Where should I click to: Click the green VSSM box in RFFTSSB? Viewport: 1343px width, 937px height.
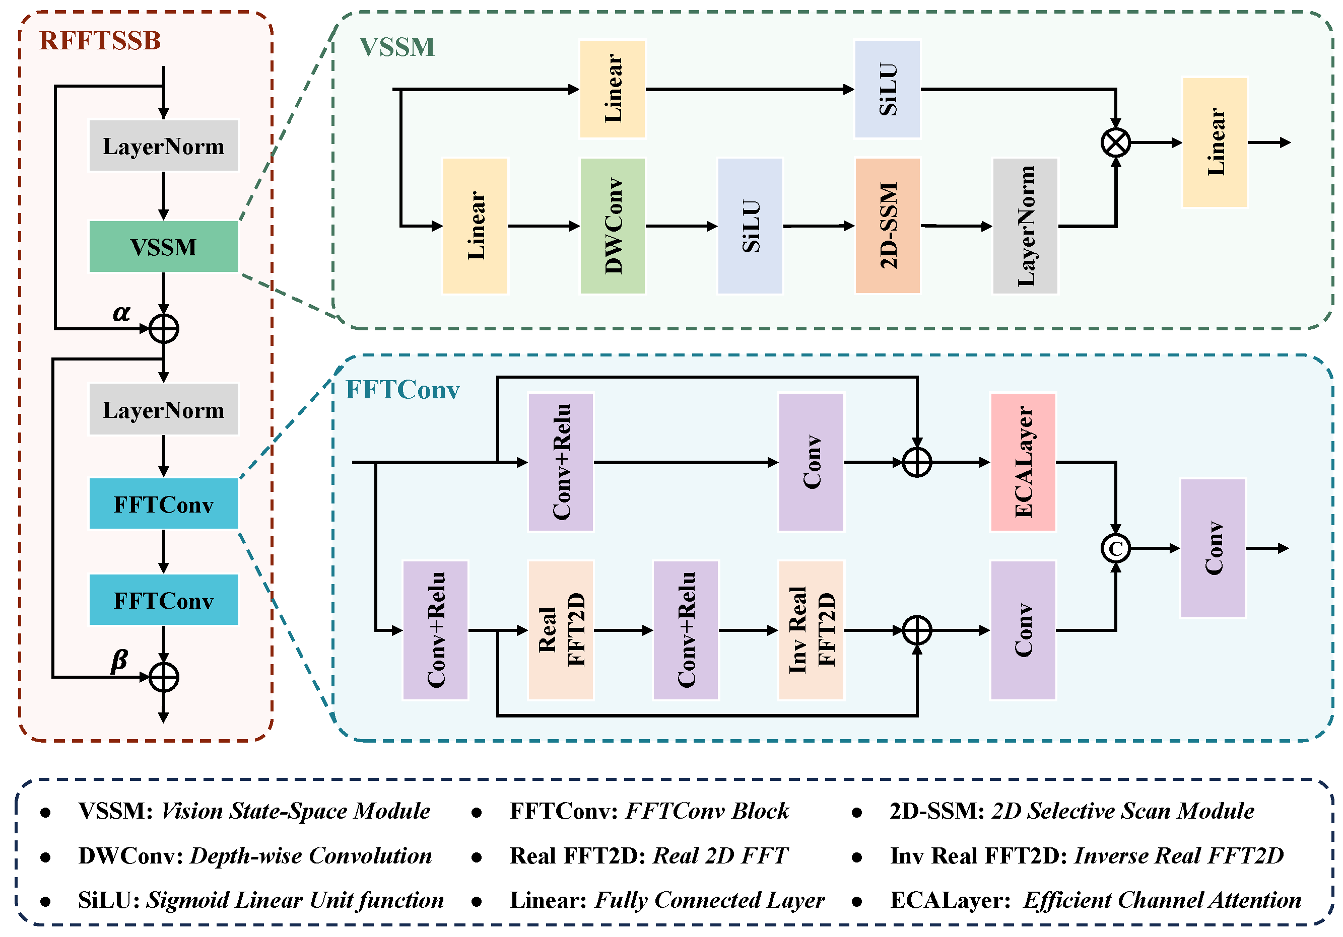(x=163, y=247)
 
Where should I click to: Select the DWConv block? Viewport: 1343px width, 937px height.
(x=613, y=226)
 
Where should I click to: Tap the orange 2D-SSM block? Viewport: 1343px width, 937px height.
(x=887, y=226)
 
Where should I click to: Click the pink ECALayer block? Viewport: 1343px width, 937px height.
(x=1023, y=462)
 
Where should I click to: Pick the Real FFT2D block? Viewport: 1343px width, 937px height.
(x=560, y=630)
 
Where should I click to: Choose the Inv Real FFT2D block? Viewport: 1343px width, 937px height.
(x=811, y=630)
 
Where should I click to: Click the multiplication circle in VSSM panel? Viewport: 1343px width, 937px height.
(x=1115, y=142)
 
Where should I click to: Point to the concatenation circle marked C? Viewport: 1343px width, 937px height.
(x=1115, y=548)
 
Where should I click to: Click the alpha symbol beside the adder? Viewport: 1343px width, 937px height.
(x=121, y=313)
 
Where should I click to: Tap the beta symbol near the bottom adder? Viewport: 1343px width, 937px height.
(x=119, y=661)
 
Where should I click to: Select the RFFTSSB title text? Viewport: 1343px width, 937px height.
(x=100, y=41)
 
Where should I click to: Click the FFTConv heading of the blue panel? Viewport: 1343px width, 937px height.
(x=402, y=390)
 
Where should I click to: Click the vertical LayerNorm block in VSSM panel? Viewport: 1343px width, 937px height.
(x=1025, y=226)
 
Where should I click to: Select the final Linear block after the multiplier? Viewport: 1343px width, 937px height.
(x=1215, y=142)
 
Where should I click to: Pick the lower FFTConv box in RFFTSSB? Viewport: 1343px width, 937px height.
(x=163, y=600)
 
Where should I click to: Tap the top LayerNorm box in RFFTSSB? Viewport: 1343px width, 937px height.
(x=163, y=146)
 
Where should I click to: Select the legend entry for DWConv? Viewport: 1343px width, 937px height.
(x=254, y=856)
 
